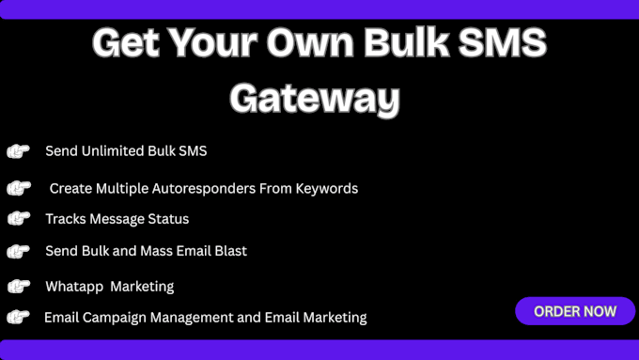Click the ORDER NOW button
pyautogui.click(x=575, y=311)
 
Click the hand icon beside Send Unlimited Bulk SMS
pyautogui.click(x=18, y=151)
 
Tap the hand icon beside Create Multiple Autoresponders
pyautogui.click(x=18, y=188)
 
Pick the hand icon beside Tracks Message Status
pyautogui.click(x=18, y=218)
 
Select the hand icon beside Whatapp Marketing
pyautogui.click(x=18, y=286)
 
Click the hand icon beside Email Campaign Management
pyautogui.click(x=18, y=317)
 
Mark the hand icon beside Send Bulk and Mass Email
pyautogui.click(x=18, y=251)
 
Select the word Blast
pyautogui.click(x=229, y=251)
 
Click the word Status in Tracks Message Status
pyautogui.click(x=169, y=219)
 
